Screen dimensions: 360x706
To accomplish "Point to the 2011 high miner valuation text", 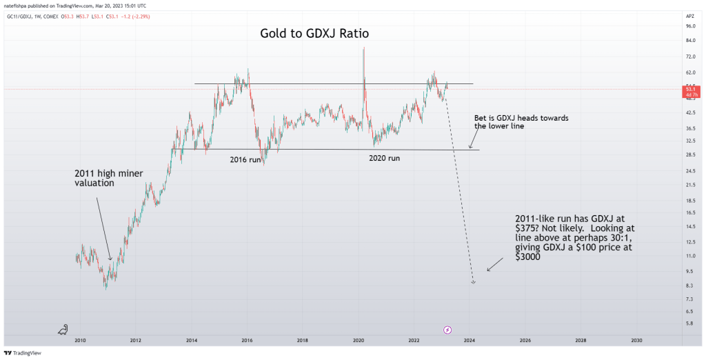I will point(108,179).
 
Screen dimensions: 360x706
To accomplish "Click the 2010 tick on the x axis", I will point(80,340).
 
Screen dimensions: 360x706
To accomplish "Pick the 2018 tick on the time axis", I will point(302,340).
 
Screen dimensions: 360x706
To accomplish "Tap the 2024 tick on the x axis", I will point(470,340).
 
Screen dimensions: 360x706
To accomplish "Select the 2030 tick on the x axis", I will point(636,340).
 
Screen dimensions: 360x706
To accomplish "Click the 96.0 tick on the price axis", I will point(689,26).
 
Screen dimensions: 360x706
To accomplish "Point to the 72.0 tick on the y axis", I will point(689,56).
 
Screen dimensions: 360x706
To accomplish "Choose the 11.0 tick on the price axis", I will point(689,256).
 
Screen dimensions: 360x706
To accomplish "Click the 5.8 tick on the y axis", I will point(689,323).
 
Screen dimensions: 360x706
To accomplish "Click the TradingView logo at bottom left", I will point(23,352).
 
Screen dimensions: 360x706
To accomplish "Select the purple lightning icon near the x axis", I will point(447,330).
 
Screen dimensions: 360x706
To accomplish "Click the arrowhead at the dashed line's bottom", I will point(473,282).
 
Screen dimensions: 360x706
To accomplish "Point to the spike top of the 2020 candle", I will point(363,48).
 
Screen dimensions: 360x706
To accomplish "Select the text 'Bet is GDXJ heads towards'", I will point(521,118).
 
